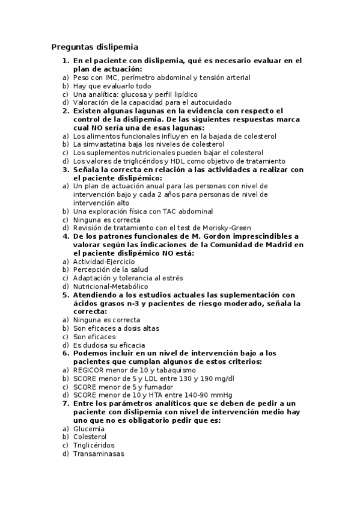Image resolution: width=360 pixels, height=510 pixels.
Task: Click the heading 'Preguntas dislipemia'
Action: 94,47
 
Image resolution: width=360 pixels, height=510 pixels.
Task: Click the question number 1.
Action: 65,61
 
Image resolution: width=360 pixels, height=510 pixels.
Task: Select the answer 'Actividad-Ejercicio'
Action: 103,262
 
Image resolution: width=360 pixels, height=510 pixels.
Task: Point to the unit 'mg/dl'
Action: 224,379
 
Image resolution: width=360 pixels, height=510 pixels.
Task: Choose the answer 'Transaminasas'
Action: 98,454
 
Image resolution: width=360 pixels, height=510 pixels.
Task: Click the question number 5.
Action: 65,295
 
